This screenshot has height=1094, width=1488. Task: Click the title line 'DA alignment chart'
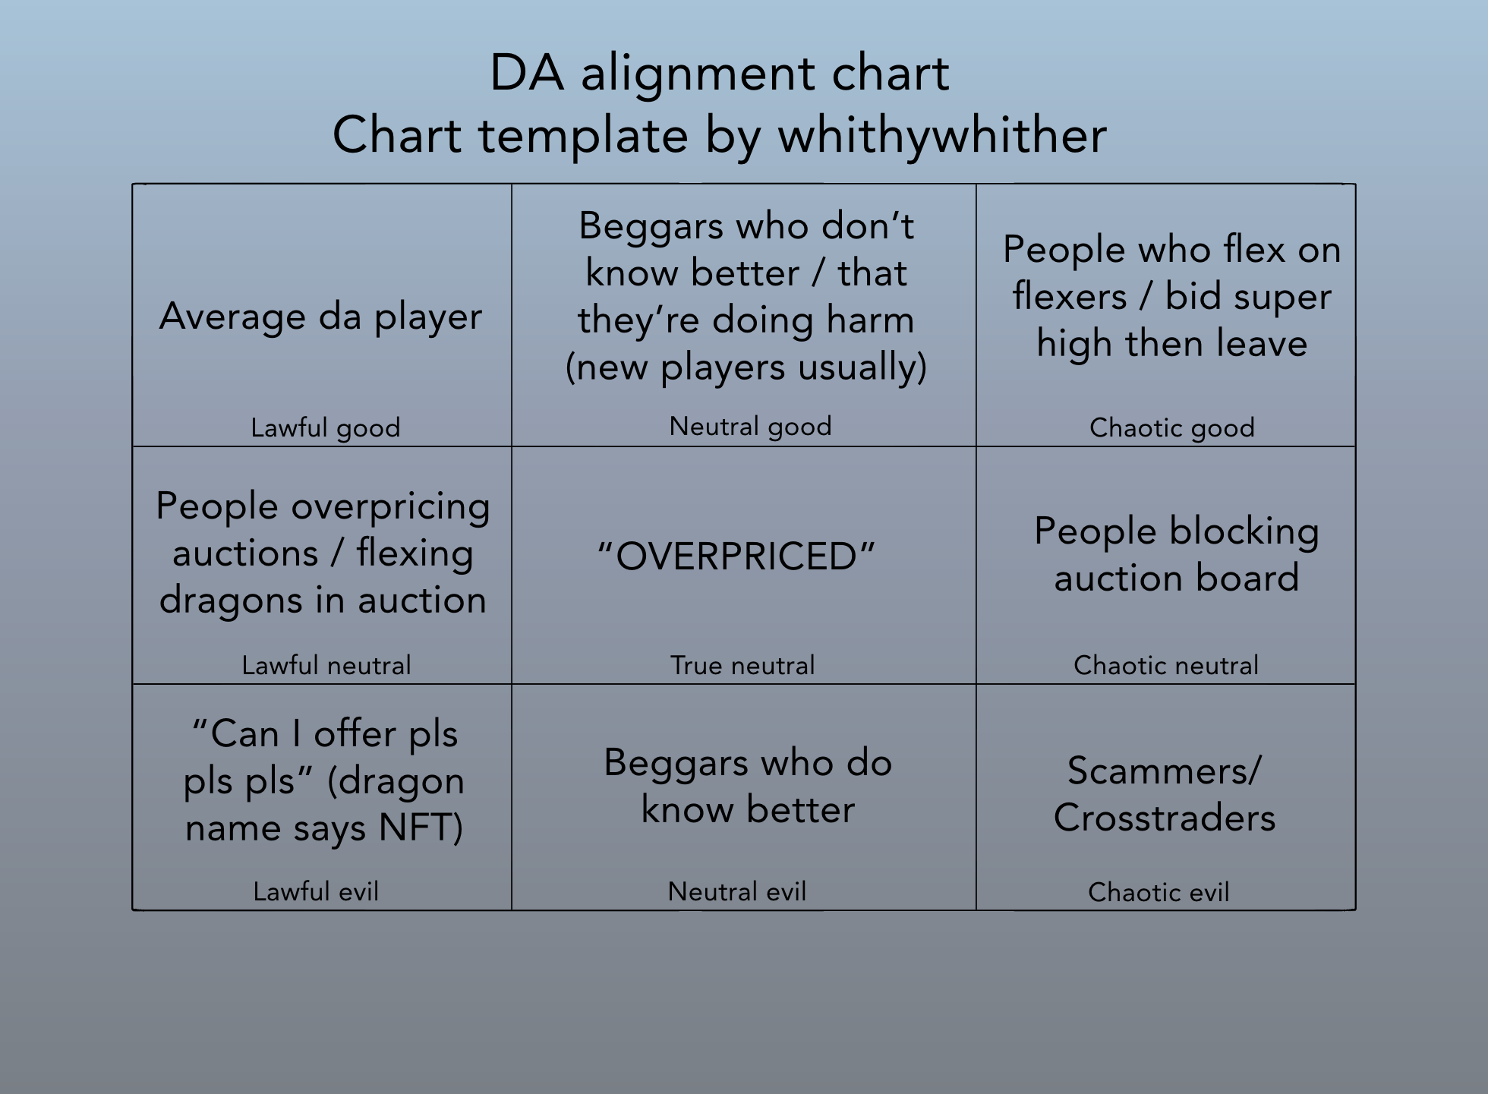(719, 74)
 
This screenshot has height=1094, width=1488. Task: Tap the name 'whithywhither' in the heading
(942, 136)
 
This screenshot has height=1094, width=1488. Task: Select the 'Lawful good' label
(325, 428)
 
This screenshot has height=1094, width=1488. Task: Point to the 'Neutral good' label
(750, 427)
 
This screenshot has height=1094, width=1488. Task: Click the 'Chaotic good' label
(1171, 428)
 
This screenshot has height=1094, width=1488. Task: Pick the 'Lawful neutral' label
(326, 666)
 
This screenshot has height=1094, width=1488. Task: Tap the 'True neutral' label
(742, 666)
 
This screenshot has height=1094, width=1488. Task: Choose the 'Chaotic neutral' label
(1165, 666)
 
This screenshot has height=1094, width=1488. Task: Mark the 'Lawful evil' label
(316, 891)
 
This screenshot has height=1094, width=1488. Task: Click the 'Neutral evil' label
(736, 891)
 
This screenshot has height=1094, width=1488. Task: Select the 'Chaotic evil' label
(1159, 892)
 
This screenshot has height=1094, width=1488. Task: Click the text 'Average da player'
(320, 317)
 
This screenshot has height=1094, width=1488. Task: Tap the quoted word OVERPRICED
(736, 556)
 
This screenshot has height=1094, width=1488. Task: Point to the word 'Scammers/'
(1164, 771)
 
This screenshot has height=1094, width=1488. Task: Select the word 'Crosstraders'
(1164, 818)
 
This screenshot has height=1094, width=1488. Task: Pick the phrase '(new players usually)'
(746, 367)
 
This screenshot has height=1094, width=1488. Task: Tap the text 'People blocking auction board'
(1176, 554)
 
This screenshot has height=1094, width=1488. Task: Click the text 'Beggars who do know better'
(747, 786)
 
